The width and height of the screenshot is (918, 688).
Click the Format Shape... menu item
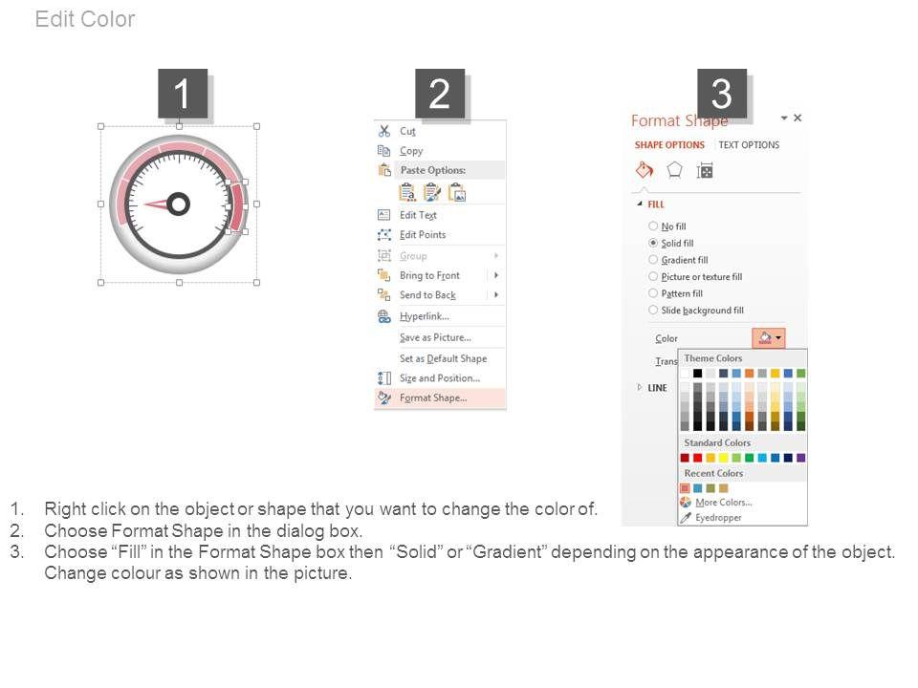(x=433, y=398)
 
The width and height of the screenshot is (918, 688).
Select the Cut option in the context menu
(x=407, y=131)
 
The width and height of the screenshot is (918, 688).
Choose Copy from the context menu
(x=411, y=151)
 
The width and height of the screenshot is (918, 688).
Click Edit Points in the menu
(x=423, y=235)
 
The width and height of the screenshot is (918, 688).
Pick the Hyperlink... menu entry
(x=425, y=316)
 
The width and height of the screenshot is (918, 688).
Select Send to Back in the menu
(x=428, y=295)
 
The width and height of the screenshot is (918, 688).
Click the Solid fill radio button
(x=653, y=243)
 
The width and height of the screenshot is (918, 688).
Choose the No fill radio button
(x=653, y=226)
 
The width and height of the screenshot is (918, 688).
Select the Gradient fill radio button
(x=653, y=260)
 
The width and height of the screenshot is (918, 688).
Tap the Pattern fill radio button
(x=653, y=293)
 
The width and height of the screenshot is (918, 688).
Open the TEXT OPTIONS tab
(x=749, y=145)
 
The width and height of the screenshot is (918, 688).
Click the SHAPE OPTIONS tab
(x=669, y=145)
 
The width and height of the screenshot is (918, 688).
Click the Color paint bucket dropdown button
(x=769, y=337)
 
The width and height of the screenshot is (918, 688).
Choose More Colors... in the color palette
(x=723, y=503)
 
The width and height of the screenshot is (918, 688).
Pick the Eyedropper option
(x=718, y=518)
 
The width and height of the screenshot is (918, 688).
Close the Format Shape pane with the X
(x=798, y=118)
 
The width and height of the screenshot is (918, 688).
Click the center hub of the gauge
(x=179, y=204)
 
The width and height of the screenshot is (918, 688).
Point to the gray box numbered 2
(x=440, y=94)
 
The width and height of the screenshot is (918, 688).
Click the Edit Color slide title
(x=85, y=19)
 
